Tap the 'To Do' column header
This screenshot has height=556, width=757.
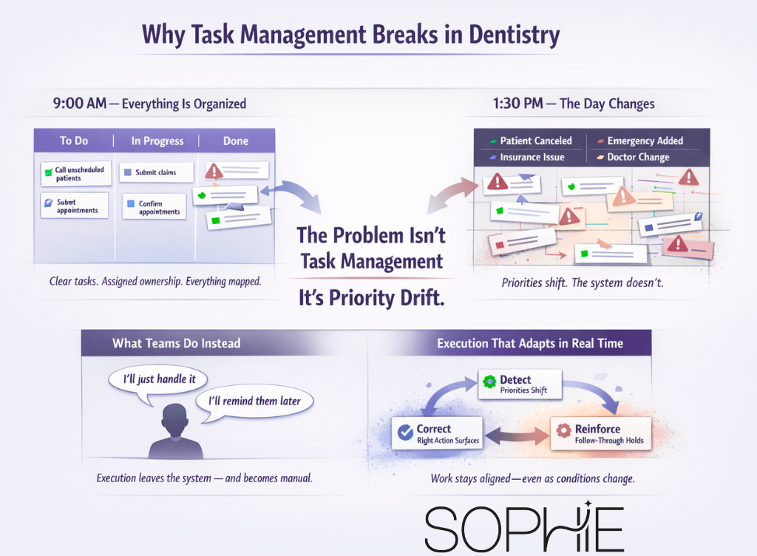pos(75,140)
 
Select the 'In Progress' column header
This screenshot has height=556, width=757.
pos(157,140)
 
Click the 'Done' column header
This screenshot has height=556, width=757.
pos(236,140)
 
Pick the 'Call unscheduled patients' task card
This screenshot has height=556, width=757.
pos(73,174)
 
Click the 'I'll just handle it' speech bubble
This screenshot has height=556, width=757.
pos(157,379)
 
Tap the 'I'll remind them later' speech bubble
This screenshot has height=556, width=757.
pos(254,401)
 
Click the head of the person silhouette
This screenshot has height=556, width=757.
pos(175,418)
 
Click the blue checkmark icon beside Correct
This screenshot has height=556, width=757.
pos(404,433)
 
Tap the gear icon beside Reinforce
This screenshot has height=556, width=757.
pos(563,430)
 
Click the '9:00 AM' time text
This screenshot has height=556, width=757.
pos(80,104)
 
